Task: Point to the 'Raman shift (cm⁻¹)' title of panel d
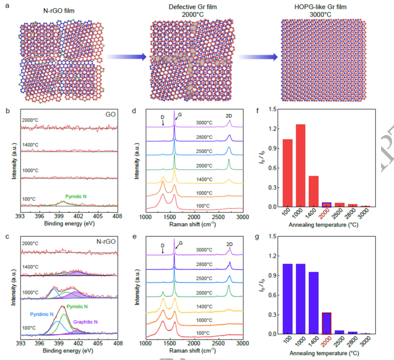[193, 222]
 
